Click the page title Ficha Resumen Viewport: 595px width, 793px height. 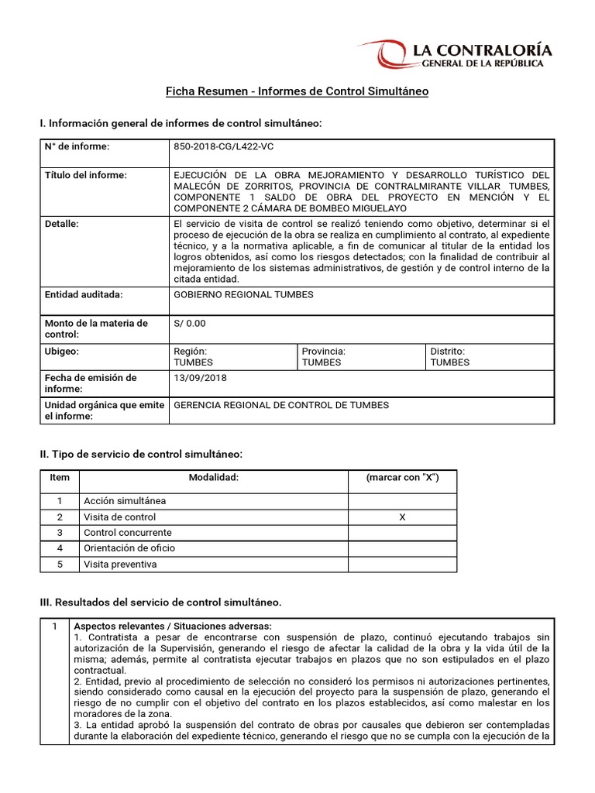point(297,91)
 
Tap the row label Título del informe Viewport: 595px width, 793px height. point(85,175)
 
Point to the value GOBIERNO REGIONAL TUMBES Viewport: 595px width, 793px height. point(245,294)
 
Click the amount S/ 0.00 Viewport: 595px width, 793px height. point(190,323)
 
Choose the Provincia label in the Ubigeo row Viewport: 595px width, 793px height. point(323,351)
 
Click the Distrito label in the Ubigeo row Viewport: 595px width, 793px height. point(447,351)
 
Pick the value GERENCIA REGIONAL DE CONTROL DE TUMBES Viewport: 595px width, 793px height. point(281,405)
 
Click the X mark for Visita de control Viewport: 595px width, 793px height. point(402,517)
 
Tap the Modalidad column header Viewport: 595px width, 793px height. point(213,478)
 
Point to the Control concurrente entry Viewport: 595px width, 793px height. point(128,533)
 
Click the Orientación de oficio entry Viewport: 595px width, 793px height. point(129,548)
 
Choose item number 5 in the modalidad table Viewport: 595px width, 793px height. point(60,565)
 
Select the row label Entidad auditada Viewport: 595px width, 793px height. point(84,294)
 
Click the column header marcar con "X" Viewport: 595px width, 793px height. point(402,478)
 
